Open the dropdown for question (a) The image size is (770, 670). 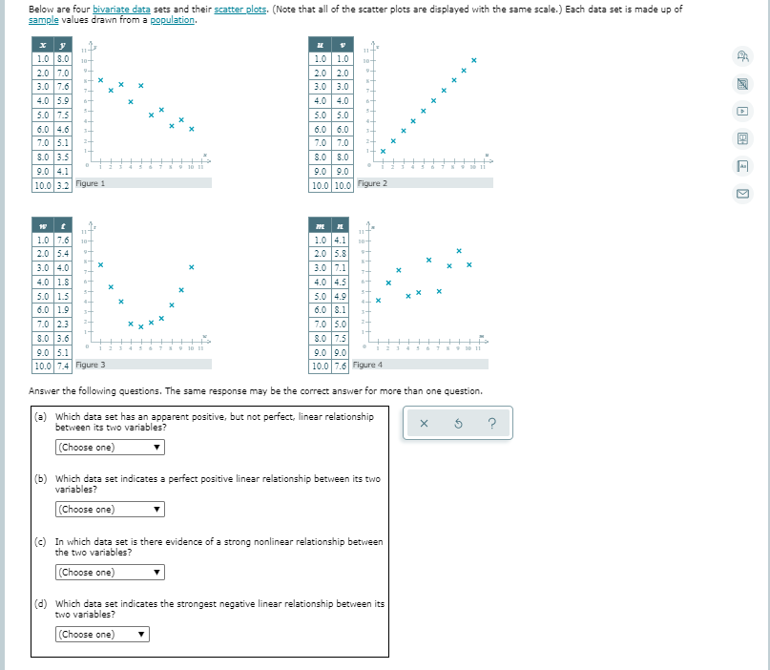tap(110, 447)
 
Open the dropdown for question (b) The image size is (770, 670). tap(110, 510)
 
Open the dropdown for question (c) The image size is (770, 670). tap(110, 573)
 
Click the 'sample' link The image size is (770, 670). tap(44, 19)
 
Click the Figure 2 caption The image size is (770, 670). tap(371, 183)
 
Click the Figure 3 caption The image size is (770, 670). tap(90, 365)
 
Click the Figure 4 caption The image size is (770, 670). tap(367, 365)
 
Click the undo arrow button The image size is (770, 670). tap(457, 425)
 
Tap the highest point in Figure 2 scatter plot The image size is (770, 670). tap(473, 61)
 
